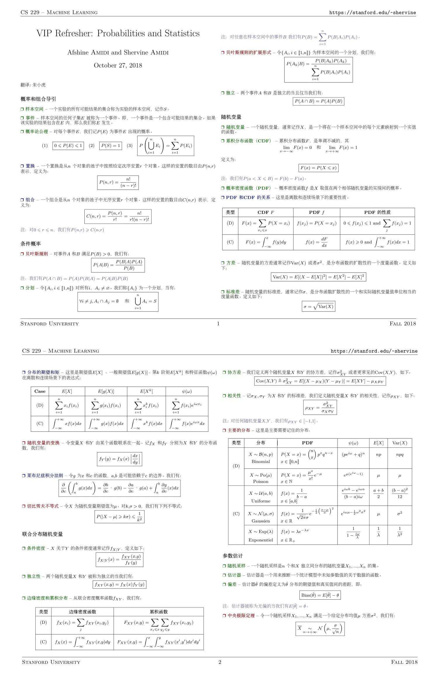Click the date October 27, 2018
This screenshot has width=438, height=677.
(x=118, y=65)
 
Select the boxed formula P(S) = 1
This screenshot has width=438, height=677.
(x=111, y=145)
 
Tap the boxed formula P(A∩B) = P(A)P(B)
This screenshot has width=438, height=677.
(x=318, y=101)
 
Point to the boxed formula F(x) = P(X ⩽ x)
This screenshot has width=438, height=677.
(x=318, y=168)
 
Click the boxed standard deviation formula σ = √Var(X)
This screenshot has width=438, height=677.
(x=318, y=306)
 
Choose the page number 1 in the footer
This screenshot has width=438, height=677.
(x=218, y=324)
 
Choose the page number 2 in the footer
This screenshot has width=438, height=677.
(x=220, y=662)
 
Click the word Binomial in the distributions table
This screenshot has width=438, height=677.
(x=260, y=461)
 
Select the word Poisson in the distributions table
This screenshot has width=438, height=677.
(x=260, y=481)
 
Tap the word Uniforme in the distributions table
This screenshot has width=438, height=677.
(x=260, y=501)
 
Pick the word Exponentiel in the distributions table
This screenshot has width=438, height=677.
(x=260, y=540)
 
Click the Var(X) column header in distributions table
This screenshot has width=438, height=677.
(x=399, y=443)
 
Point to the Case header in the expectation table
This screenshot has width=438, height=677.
(x=40, y=391)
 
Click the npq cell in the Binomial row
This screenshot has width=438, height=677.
(x=399, y=455)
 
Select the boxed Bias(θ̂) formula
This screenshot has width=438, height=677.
(x=320, y=595)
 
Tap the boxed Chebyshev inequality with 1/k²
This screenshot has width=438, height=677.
(x=119, y=517)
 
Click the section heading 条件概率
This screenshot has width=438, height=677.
(x=31, y=244)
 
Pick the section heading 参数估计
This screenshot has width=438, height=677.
(x=233, y=556)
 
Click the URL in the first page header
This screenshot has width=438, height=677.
(x=372, y=13)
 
